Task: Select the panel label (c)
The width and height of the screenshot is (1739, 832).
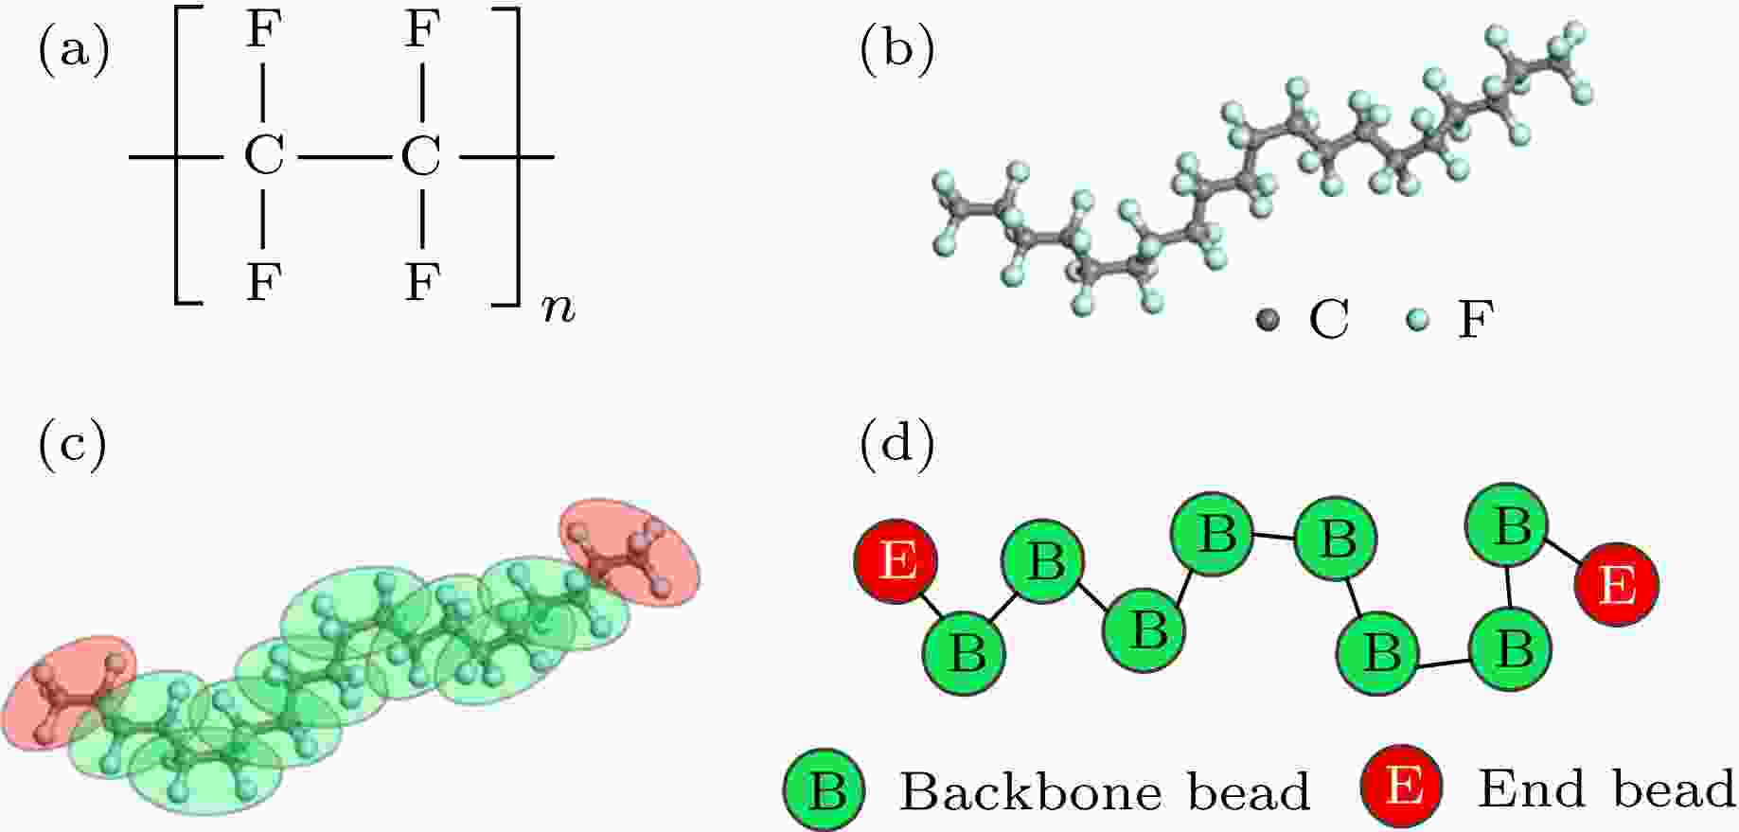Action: [72, 445]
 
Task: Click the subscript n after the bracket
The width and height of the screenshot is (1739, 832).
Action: [559, 309]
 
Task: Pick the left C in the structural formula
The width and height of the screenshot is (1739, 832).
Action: [263, 155]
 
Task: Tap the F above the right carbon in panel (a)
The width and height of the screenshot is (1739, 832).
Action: [421, 31]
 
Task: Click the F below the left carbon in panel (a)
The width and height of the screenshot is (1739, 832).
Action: [263, 282]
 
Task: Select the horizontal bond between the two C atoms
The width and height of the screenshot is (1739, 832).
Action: [342, 156]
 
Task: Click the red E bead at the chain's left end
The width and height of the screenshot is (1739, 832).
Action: [896, 561]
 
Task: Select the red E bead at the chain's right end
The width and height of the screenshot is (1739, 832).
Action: [1616, 586]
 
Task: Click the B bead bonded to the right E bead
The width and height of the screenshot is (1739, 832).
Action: [1506, 524]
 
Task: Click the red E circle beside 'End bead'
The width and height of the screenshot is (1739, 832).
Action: [1403, 785]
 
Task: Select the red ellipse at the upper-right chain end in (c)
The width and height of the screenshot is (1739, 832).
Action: [630, 554]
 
